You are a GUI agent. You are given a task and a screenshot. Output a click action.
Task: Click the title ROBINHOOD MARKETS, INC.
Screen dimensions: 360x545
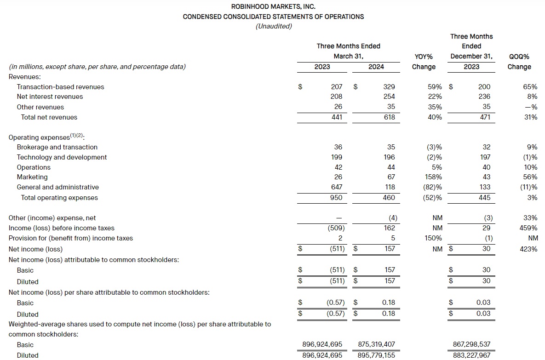coord(273,7)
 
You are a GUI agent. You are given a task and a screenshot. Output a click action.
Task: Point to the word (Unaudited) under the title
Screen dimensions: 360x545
coord(273,26)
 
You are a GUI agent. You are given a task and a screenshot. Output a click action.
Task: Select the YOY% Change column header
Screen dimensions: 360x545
coord(424,62)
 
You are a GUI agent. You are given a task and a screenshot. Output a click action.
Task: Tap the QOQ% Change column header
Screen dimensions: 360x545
coord(519,62)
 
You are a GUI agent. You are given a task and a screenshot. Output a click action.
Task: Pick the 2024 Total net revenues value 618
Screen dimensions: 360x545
coord(389,117)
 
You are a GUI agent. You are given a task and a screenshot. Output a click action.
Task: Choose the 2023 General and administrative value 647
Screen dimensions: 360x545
coord(336,187)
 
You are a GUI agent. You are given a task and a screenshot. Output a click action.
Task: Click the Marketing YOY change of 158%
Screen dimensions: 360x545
coord(434,177)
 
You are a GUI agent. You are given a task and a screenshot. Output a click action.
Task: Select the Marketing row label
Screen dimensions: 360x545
coord(32,177)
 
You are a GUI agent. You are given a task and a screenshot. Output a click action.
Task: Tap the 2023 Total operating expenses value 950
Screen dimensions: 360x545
coord(336,198)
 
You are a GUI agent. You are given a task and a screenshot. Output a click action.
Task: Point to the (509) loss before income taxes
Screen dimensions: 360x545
coord(335,228)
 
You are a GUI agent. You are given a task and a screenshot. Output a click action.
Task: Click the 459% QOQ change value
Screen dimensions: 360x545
coord(528,228)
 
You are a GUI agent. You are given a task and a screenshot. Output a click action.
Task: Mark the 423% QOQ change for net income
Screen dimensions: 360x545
coord(528,249)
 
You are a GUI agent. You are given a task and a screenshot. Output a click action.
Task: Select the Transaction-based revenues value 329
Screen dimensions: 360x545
coord(389,87)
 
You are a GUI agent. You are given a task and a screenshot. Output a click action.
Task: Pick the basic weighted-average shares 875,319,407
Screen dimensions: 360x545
coord(376,344)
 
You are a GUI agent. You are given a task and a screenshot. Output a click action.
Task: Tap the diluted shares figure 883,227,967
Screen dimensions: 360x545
coord(472,355)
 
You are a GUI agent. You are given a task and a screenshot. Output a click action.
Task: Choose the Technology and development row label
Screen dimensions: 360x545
coord(62,157)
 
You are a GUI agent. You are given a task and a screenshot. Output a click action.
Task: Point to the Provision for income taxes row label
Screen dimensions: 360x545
coord(71,238)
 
